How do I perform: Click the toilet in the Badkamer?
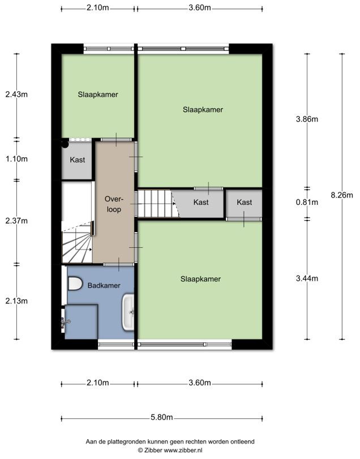coord(75,284)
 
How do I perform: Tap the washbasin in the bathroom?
coord(128,312)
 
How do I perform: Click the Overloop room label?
coord(114,204)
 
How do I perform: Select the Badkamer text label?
coord(104,285)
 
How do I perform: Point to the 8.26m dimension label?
coord(342,195)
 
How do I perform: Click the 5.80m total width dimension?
coord(161,417)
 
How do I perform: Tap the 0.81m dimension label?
coord(307,202)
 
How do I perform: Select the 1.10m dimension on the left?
coord(16,159)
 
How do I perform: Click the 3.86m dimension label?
coord(307,119)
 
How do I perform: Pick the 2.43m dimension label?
coord(16,95)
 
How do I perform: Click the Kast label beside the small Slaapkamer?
coord(78,160)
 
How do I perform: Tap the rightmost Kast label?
coord(245,202)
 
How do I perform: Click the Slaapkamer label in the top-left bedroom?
coord(98,95)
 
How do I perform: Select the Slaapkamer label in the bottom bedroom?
coord(200,279)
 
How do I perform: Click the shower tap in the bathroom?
coord(65,322)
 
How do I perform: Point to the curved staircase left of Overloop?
coord(76,242)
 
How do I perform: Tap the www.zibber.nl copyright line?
coord(170,450)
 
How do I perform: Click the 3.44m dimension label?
coord(307,278)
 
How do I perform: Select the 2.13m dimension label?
coord(16,301)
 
